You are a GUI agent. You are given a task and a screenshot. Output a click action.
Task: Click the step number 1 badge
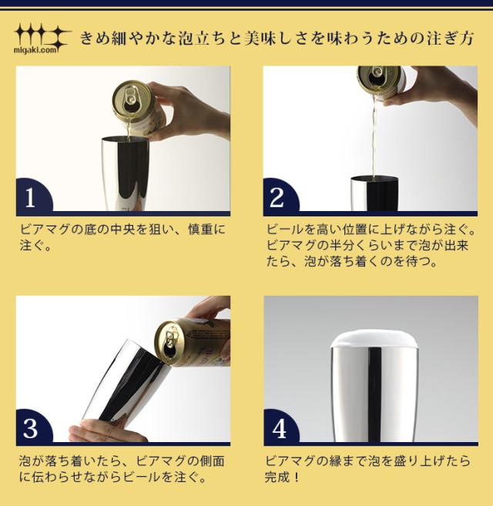31,197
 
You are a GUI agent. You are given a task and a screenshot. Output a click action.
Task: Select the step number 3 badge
31,427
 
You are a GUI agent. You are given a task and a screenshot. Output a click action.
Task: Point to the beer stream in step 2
373,139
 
